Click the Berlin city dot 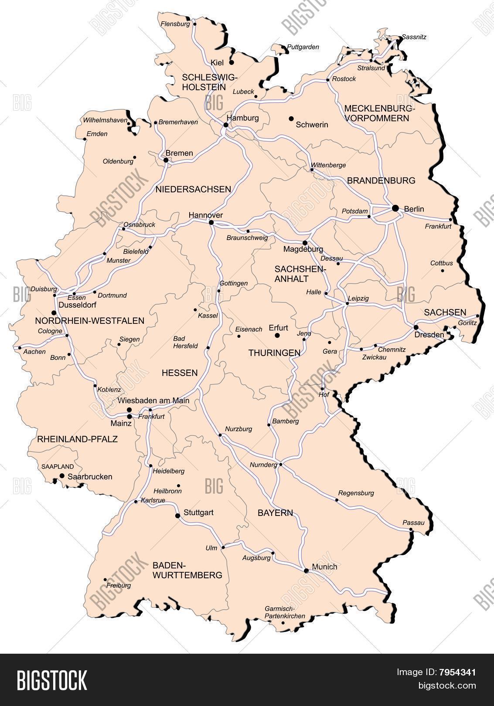(x=395, y=208)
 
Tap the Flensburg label (x=175, y=24)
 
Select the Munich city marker (x=306, y=570)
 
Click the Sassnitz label (x=414, y=37)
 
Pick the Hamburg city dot (x=226, y=125)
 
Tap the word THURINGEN (x=274, y=353)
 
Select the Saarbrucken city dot (x=62, y=475)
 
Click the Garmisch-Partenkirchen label (x=285, y=612)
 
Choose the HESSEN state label (x=180, y=373)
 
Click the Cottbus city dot (x=443, y=271)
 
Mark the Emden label (x=97, y=134)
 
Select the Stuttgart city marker (x=177, y=516)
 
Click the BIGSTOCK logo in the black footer (x=52, y=680)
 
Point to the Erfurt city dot (x=276, y=335)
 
